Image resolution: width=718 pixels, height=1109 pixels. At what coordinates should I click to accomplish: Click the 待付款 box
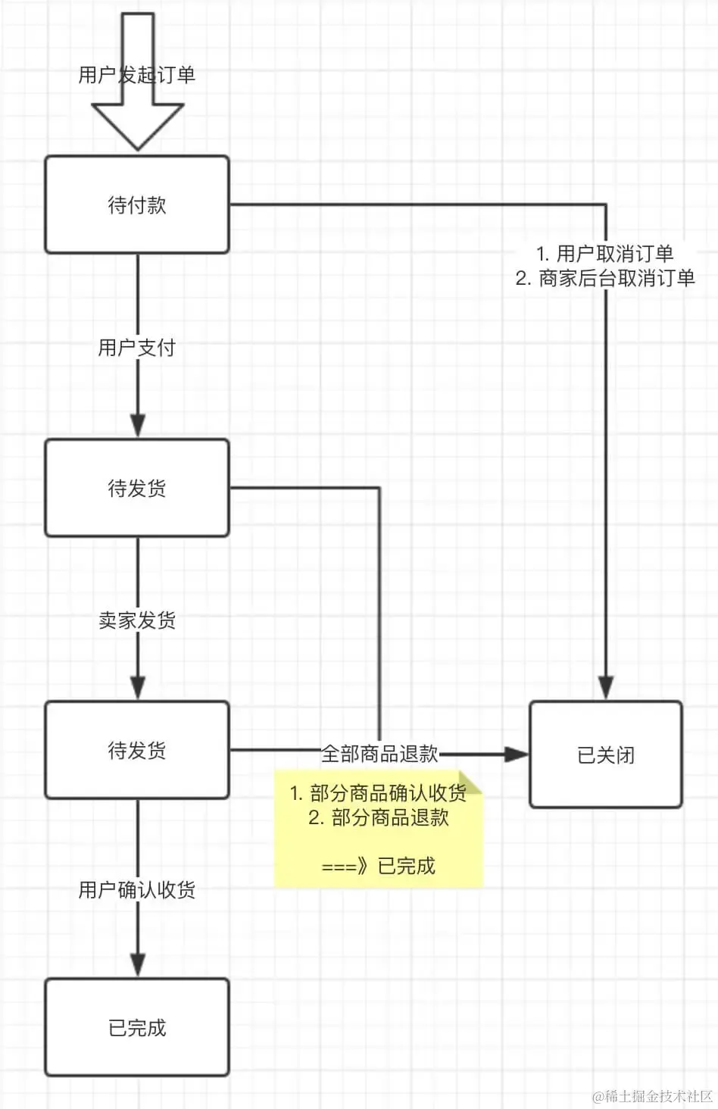[x=137, y=205]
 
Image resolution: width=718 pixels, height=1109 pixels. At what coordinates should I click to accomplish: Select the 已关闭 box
[x=606, y=754]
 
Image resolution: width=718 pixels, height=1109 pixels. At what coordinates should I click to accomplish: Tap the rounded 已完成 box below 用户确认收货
[x=137, y=1027]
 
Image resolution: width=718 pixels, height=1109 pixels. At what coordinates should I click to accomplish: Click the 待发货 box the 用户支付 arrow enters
[x=137, y=488]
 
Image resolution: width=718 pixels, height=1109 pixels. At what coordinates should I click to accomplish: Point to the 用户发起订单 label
[x=136, y=75]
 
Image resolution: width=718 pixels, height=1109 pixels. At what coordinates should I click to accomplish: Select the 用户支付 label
[x=136, y=347]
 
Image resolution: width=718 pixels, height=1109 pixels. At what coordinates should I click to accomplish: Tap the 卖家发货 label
[x=136, y=620]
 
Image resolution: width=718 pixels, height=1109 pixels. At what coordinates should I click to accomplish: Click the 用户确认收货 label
[x=136, y=889]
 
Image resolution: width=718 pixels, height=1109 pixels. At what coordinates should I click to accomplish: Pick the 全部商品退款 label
[x=379, y=754]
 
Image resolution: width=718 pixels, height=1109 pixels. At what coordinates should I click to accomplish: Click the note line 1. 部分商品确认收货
[x=378, y=793]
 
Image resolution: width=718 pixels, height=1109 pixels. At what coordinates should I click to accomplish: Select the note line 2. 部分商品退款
[x=379, y=817]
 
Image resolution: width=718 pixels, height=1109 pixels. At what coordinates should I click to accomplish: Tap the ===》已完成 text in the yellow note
[x=378, y=865]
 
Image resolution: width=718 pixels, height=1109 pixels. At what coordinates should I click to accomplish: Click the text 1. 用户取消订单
[x=605, y=254]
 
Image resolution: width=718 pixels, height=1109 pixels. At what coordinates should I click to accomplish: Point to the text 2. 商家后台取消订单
[x=605, y=278]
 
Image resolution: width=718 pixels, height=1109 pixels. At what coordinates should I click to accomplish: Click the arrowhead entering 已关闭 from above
[x=606, y=687]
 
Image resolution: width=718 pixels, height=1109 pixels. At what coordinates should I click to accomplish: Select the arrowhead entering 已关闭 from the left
[x=516, y=754]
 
